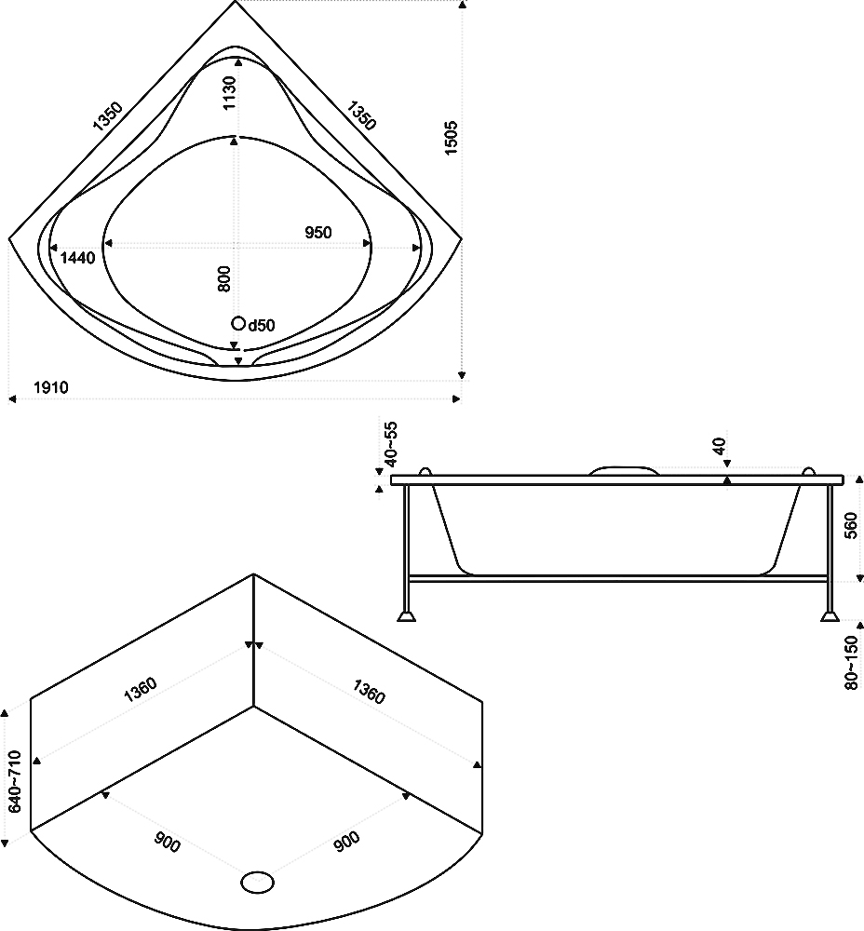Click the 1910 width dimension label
[x=51, y=387]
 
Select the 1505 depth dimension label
[x=452, y=139]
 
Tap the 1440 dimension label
[x=78, y=258]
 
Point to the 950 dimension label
[x=318, y=232]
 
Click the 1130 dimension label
[x=229, y=93]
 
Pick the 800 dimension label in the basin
[x=223, y=278]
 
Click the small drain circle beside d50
[x=238, y=323]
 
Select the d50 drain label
[x=262, y=325]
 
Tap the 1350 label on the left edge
[x=107, y=115]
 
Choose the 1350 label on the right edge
[x=361, y=115]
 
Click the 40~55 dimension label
[x=391, y=443]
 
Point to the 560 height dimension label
[x=851, y=525]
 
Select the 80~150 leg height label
[x=852, y=663]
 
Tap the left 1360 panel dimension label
[x=141, y=689]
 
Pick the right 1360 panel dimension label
[x=370, y=692]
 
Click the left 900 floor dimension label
[x=167, y=843]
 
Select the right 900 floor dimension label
[x=346, y=842]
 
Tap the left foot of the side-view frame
[x=406, y=615]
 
